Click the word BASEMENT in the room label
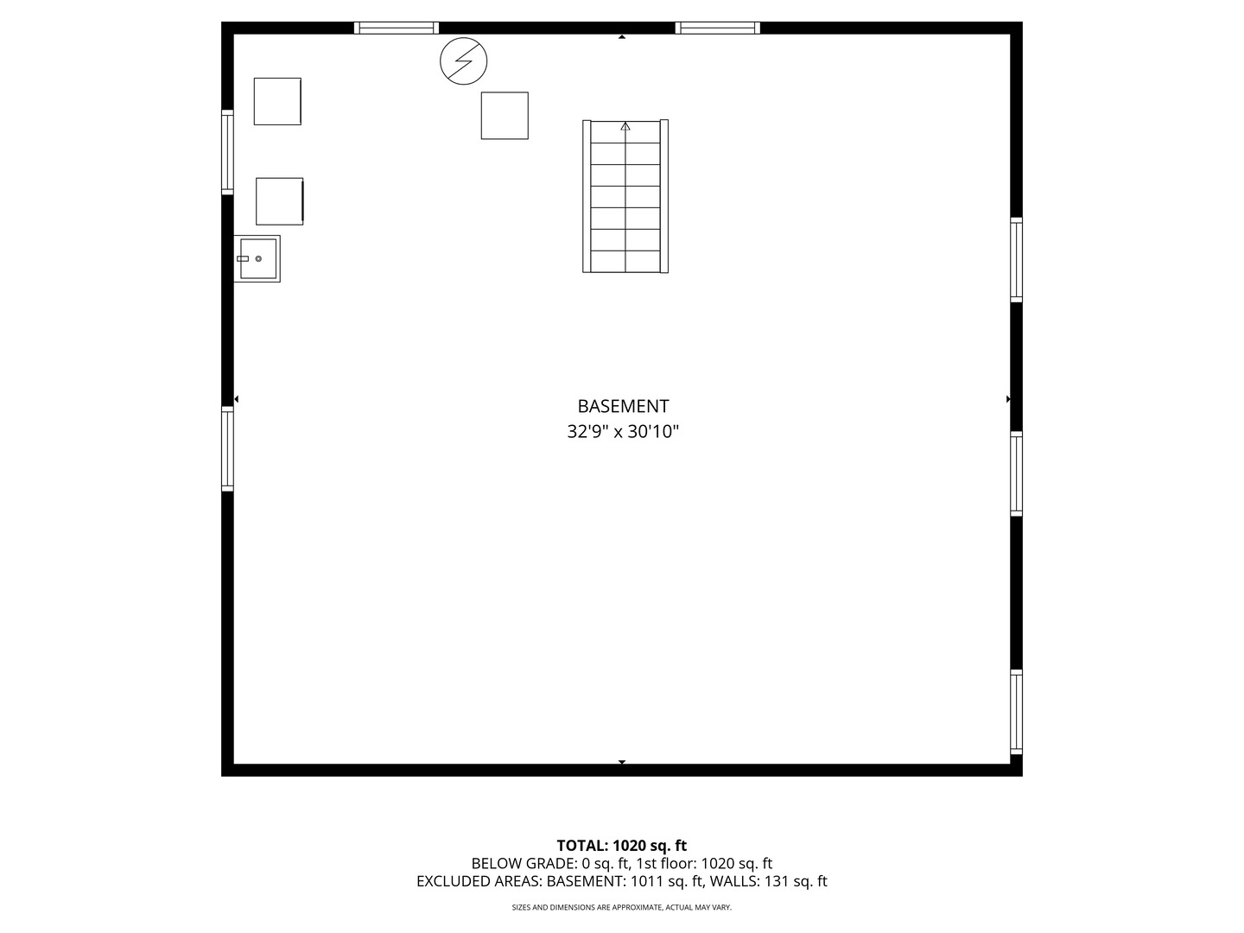point(623,406)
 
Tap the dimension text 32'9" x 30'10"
point(623,432)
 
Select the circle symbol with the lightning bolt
point(464,61)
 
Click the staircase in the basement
point(625,196)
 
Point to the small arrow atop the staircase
point(625,126)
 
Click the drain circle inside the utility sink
point(258,259)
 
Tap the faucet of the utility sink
point(243,259)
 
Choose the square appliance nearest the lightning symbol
point(505,116)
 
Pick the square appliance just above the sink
point(279,201)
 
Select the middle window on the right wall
point(1016,473)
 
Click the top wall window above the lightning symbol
point(397,28)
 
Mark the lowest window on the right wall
point(1016,712)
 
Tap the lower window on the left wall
point(227,448)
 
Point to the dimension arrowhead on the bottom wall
point(622,762)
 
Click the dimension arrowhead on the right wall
point(1008,399)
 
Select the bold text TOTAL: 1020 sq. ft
point(622,846)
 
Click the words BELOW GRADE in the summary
point(524,864)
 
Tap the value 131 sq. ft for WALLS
point(796,881)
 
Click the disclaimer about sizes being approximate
point(622,907)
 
